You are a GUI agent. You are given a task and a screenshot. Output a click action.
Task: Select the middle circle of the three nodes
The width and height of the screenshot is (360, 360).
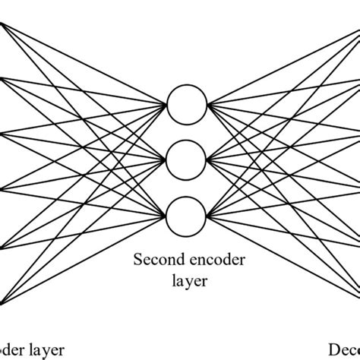185,159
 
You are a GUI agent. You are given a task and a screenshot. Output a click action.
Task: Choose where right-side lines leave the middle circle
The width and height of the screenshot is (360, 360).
204,159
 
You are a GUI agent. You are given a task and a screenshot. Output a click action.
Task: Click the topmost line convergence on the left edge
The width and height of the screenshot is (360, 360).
2,23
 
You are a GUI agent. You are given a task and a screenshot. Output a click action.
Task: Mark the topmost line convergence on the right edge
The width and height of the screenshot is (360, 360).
358,23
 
